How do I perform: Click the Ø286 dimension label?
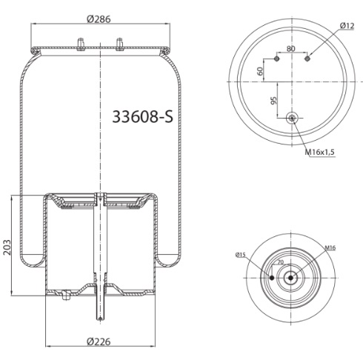point(99,19)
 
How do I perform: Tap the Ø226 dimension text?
point(99,341)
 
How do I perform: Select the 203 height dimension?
point(7,247)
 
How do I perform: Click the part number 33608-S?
point(143,116)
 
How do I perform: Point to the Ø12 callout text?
point(347,26)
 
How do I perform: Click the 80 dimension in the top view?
point(291,48)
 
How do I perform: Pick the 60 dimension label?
point(260,71)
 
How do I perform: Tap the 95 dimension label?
point(274,101)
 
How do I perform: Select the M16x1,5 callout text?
point(320,152)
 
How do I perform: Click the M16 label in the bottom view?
point(330,247)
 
